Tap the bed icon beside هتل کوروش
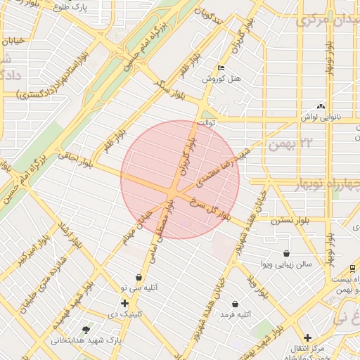pyautogui.click(x=221, y=68)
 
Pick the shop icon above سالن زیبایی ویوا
pyautogui.click(x=286, y=254)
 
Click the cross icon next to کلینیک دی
pyautogui.click(x=124, y=304)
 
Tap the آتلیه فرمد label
pyautogui.click(x=235, y=315)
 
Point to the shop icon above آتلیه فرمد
pyautogui.click(x=235, y=304)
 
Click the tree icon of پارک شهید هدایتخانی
pyautogui.click(x=86, y=329)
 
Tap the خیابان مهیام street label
pyautogui.click(x=138, y=219)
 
